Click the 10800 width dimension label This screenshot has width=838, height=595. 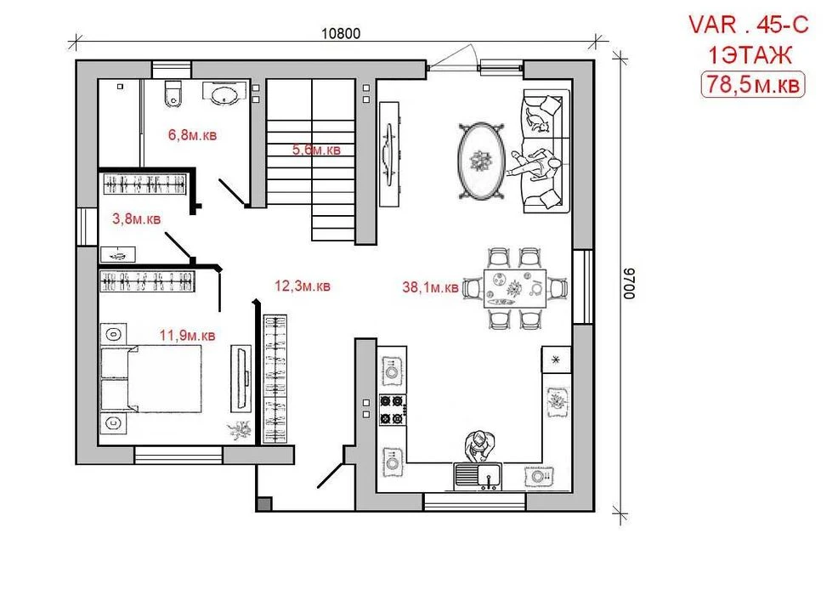(341, 34)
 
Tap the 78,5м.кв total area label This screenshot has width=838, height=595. (753, 84)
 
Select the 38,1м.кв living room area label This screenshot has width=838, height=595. (430, 287)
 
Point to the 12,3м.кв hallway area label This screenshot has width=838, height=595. (303, 286)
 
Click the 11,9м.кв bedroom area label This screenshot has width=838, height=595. (188, 336)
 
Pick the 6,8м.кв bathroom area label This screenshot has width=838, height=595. (192, 134)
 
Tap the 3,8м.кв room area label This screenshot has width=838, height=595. (136, 218)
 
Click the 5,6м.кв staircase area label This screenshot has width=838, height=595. (316, 150)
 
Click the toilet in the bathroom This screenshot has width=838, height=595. (173, 93)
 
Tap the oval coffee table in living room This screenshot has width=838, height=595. (482, 161)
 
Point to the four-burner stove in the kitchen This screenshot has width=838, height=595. (393, 410)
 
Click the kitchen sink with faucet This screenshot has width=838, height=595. (478, 476)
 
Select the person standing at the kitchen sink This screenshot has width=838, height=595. (479, 445)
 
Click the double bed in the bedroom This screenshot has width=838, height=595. (151, 378)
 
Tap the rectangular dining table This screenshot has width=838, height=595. (515, 289)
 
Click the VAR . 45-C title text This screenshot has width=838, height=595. (749, 25)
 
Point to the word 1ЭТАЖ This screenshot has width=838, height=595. (750, 55)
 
